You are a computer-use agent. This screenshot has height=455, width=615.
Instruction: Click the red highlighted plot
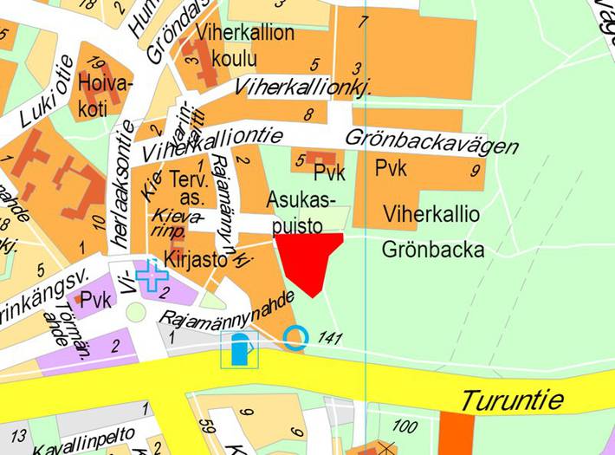click(x=309, y=259)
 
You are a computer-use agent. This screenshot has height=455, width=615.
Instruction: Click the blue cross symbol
click(x=152, y=276)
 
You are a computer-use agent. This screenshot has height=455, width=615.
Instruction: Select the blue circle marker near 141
click(x=296, y=336)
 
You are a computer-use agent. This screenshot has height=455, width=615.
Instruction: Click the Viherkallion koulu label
click(x=233, y=46)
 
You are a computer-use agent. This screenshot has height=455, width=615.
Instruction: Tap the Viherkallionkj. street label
click(x=303, y=88)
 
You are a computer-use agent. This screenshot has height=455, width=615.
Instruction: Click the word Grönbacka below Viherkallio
click(x=432, y=250)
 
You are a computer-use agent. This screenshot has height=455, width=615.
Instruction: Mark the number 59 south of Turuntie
click(x=206, y=428)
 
